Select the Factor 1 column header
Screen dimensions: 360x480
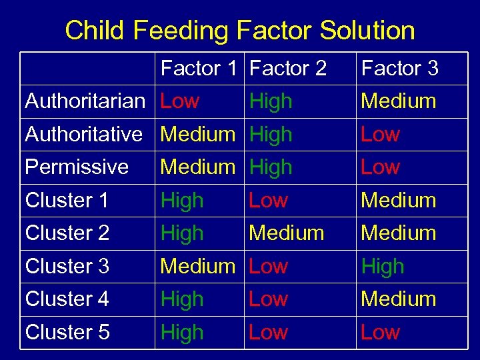tap(199, 69)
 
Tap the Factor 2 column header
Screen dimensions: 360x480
tap(288, 69)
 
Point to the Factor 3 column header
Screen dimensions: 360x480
tap(399, 69)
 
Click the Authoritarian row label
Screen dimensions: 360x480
tap(85, 101)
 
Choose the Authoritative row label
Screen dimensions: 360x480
tap(84, 134)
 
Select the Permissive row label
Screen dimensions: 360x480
tap(77, 167)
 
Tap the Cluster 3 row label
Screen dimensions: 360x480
tap(67, 266)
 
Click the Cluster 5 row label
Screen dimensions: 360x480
tap(67, 332)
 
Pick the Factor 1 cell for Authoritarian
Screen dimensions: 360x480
tap(180, 101)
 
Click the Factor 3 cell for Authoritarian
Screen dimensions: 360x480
tap(399, 101)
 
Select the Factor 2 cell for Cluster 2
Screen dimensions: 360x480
tap(286, 233)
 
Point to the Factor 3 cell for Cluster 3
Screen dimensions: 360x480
tap(383, 266)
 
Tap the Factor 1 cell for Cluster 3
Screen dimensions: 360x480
tap(198, 266)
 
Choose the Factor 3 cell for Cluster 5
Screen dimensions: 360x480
tap(380, 332)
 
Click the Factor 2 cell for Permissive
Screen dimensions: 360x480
tap(271, 167)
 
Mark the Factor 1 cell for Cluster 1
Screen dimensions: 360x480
tap(182, 200)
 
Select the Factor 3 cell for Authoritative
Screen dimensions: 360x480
tap(380, 134)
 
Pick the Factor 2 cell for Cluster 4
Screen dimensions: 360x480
tap(268, 299)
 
